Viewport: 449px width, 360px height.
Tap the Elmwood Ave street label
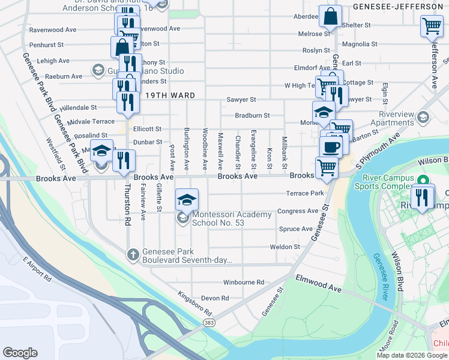[x=319, y=283]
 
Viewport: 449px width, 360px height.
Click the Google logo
[x=20, y=352]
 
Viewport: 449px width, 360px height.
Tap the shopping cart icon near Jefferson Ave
[x=432, y=26]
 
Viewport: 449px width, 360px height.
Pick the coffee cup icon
[x=330, y=146]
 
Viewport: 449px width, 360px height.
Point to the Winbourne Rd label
[x=243, y=282]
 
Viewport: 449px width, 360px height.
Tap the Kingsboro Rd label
[x=196, y=304]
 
